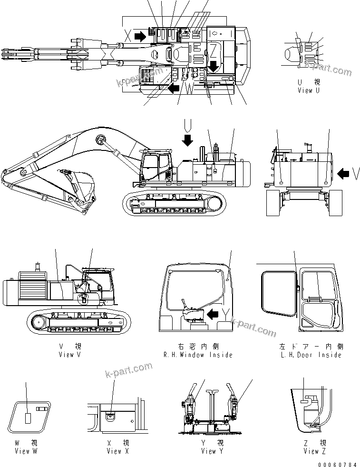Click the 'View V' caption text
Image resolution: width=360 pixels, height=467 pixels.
point(66,354)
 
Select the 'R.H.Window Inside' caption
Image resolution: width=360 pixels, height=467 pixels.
point(198,355)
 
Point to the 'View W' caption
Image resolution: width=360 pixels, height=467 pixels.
point(26,451)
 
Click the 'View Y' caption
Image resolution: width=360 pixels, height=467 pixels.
point(209,451)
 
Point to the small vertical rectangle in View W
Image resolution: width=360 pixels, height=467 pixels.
point(28,417)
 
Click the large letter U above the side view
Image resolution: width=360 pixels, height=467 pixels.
point(188,125)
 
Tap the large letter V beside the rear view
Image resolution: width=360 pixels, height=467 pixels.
point(355,174)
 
